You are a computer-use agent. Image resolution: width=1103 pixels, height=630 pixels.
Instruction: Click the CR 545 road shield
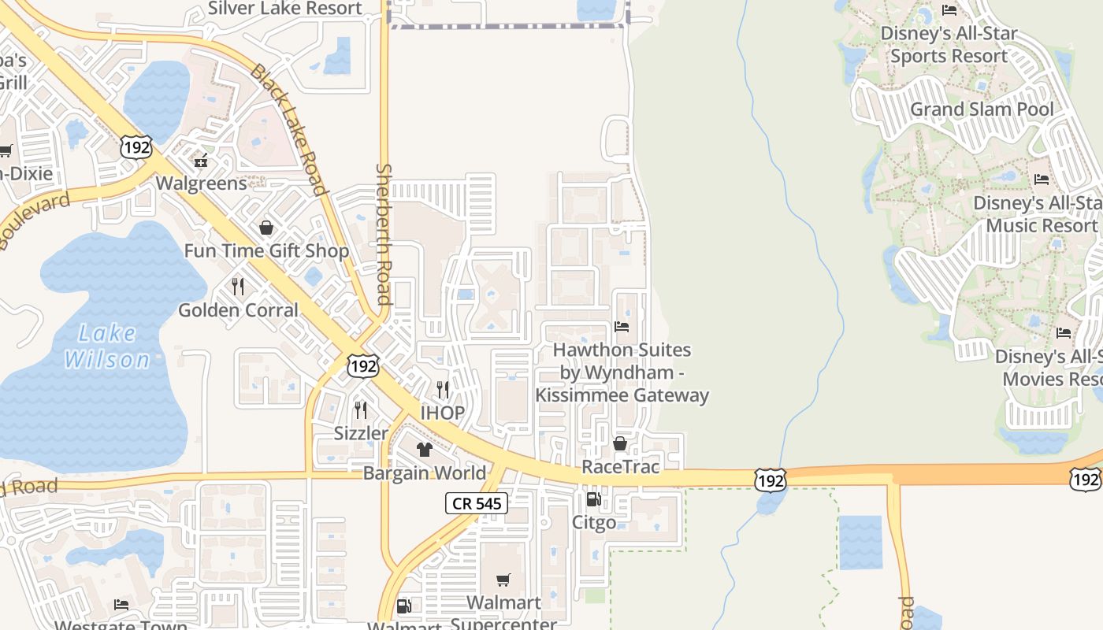click(477, 503)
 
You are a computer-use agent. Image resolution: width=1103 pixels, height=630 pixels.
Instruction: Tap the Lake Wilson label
click(106, 346)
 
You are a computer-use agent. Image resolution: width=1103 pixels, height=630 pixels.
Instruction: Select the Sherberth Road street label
click(384, 234)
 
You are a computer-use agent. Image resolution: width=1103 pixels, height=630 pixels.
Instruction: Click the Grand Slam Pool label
click(982, 109)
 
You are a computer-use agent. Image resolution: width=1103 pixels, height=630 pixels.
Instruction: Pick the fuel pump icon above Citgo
click(593, 498)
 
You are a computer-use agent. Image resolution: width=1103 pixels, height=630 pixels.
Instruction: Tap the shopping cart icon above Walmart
click(503, 580)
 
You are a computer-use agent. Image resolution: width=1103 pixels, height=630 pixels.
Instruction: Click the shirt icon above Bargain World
click(425, 450)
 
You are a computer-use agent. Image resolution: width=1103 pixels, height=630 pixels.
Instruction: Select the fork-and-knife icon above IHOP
click(443, 389)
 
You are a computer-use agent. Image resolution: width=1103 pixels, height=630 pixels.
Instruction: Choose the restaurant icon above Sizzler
click(361, 409)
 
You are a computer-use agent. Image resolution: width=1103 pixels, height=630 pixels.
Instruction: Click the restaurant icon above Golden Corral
click(238, 286)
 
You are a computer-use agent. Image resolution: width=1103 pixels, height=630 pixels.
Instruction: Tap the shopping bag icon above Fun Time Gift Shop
click(266, 228)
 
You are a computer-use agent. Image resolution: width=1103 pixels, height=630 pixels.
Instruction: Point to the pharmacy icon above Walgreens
click(201, 160)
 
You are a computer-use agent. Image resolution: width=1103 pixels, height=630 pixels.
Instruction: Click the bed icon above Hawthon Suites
click(622, 327)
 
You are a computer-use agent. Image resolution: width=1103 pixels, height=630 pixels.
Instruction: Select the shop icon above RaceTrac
click(620, 443)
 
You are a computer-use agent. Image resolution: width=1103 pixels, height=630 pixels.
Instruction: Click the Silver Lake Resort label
click(284, 9)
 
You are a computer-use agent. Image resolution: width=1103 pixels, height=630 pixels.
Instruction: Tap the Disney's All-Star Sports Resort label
click(949, 45)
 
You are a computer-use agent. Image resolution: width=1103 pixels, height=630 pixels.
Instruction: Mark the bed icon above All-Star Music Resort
click(1042, 180)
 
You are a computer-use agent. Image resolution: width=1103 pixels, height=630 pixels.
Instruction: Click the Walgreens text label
click(201, 183)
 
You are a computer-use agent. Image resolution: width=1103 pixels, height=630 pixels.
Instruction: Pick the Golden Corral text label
click(238, 310)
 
